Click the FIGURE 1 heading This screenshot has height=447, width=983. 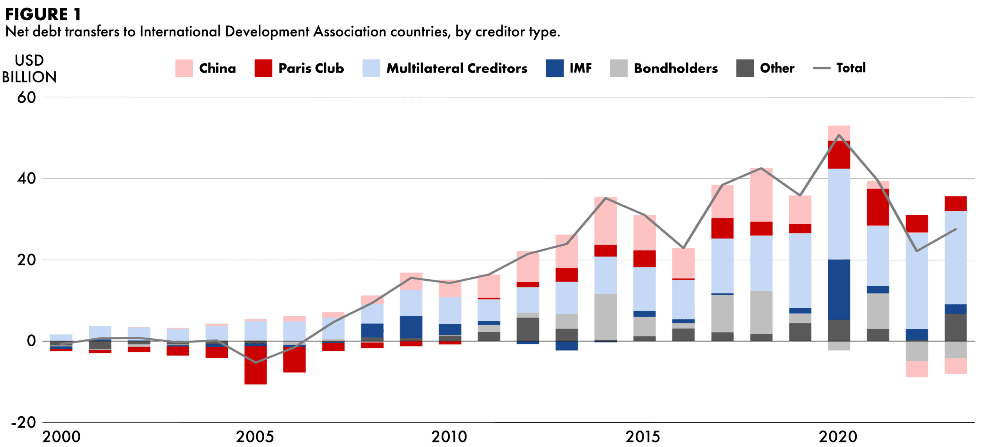tap(43, 14)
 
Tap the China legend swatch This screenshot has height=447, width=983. tap(184, 68)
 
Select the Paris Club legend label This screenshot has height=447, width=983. tap(311, 68)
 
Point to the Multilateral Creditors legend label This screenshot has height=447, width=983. tap(457, 68)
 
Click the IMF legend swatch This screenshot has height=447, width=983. tap(554, 68)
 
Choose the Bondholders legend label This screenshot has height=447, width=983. tap(675, 68)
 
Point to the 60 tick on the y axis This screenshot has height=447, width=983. tap(26, 98)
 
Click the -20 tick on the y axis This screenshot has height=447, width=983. tap(24, 422)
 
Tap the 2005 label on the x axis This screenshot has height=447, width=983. tap(255, 437)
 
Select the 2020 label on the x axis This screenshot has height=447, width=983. tap(838, 437)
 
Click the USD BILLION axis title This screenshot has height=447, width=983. tap(29, 69)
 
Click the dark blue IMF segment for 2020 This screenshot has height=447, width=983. tap(839, 290)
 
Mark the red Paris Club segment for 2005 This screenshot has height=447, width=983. tap(255, 365)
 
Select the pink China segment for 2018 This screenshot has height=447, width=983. tap(761, 195)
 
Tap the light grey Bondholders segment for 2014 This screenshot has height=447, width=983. tap(606, 317)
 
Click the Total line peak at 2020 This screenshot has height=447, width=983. tap(839, 135)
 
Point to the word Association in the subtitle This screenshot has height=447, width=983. tap(349, 32)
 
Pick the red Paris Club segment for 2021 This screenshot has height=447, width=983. tap(878, 207)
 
